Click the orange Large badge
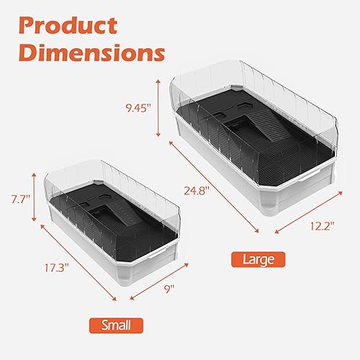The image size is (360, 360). click(x=258, y=258)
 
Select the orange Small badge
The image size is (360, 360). click(x=115, y=324)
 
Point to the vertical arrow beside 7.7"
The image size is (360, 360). click(x=33, y=196)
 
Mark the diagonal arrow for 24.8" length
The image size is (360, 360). click(x=213, y=187)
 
